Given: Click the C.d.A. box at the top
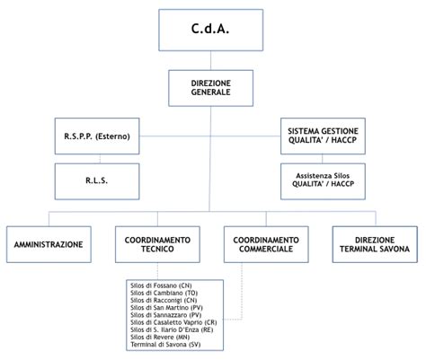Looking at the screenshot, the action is (210, 30).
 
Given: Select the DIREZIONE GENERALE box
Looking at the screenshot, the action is (210, 88).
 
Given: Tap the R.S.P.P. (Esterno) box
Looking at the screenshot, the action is (97, 136).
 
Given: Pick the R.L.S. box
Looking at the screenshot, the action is (97, 181).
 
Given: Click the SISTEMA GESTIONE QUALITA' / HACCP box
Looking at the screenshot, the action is (323, 136).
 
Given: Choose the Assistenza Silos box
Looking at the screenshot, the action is (323, 181).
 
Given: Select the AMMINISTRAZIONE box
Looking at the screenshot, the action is (49, 244).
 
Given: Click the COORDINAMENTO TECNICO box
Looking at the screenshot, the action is (157, 244).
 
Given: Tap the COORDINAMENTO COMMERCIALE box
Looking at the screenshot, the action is (266, 244).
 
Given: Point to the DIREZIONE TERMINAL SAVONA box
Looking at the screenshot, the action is (375, 244).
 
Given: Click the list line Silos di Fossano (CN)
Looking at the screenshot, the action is (161, 285).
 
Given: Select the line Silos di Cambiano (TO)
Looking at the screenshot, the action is (164, 293).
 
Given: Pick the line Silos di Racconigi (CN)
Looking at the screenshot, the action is (164, 300).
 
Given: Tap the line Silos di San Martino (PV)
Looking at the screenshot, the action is (167, 308).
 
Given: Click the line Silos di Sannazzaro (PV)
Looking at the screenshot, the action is (166, 315).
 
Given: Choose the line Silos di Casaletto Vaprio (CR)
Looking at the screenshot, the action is (173, 322).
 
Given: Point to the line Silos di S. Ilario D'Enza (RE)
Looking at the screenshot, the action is (172, 329).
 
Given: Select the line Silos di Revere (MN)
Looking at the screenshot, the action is (160, 337).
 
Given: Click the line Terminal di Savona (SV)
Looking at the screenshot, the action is (165, 345).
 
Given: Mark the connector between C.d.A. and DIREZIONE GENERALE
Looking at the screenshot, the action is (210, 60).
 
